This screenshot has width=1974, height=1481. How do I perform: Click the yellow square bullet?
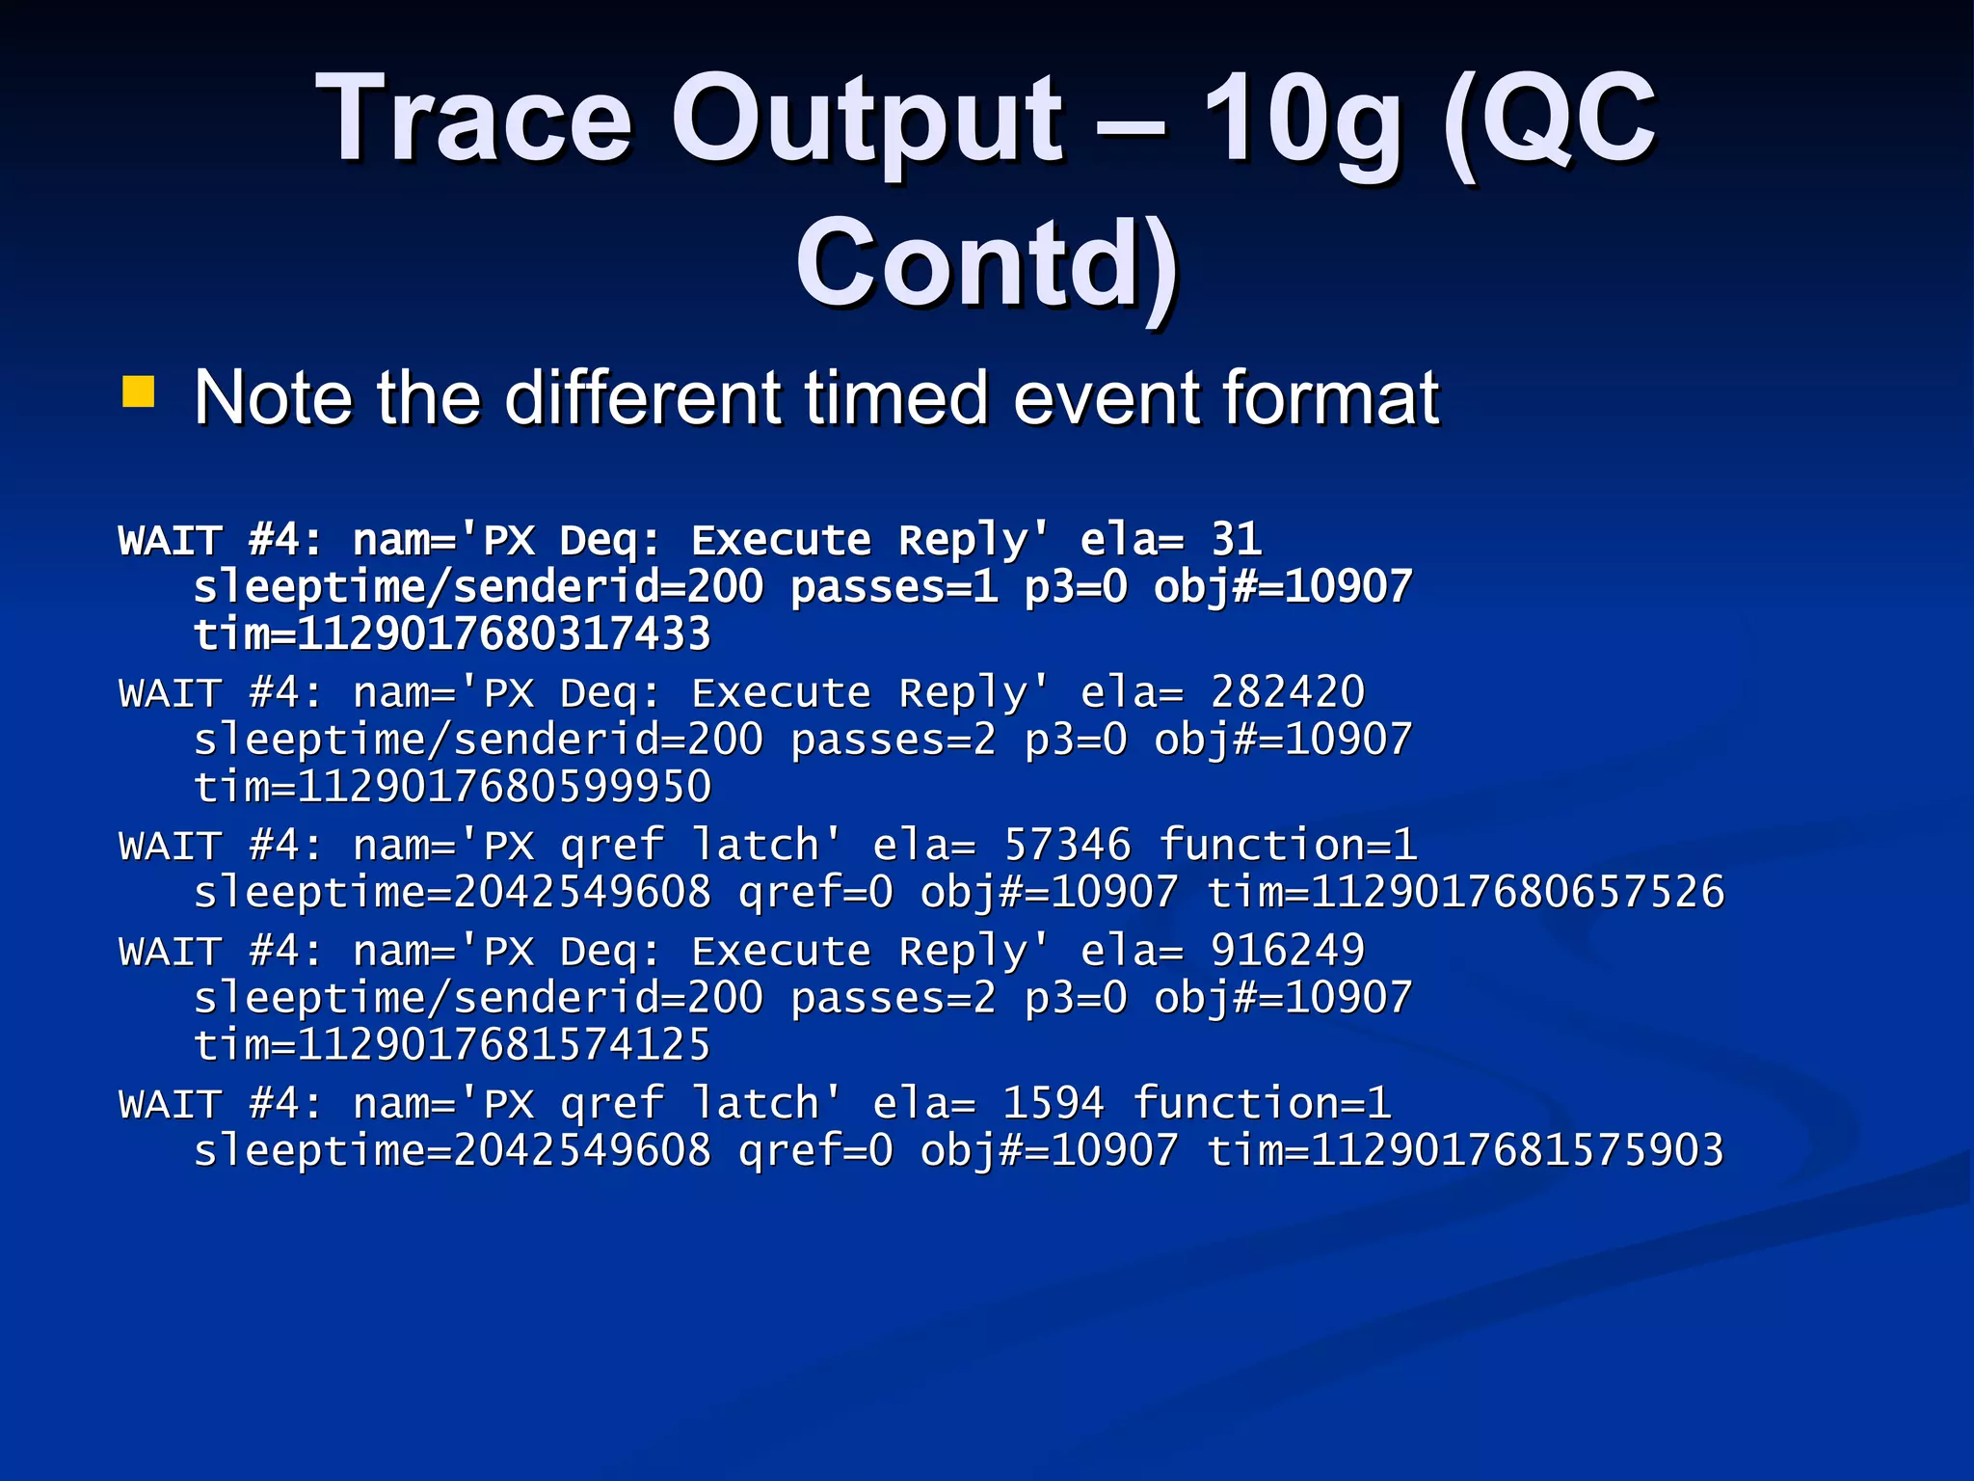click(x=139, y=393)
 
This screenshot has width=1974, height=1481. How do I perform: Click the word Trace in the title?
click(x=473, y=120)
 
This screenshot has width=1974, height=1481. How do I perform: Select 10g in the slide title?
click(x=1301, y=120)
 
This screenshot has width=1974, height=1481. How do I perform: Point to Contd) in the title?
click(x=987, y=264)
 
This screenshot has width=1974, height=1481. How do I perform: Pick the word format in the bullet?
click(x=1331, y=397)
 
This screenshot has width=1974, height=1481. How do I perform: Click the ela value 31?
click(x=1237, y=540)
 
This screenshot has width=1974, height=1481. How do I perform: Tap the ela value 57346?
click(x=1067, y=845)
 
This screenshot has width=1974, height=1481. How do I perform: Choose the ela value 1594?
click(x=1053, y=1103)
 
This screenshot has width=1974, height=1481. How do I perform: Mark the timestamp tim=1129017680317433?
click(x=452, y=634)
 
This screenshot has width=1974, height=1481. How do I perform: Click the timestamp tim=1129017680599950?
click(x=452, y=787)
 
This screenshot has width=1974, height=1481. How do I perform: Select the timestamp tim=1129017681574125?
click(x=452, y=1045)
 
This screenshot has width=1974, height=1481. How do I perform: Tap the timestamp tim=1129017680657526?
click(x=1465, y=892)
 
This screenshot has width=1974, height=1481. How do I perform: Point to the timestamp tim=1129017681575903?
click(x=1465, y=1150)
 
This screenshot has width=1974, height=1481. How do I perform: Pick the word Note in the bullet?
click(x=273, y=397)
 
